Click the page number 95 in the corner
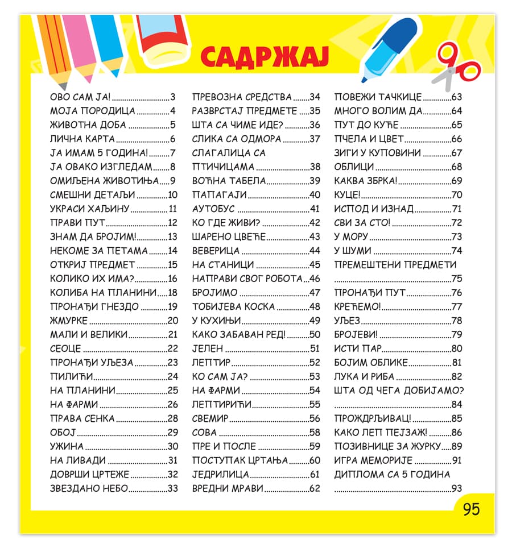click(471, 509)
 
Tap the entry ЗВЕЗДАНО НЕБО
click(89, 488)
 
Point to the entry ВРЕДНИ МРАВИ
click(228, 488)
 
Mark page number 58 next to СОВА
click(315, 433)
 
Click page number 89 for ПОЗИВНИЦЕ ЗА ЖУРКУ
click(456, 446)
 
